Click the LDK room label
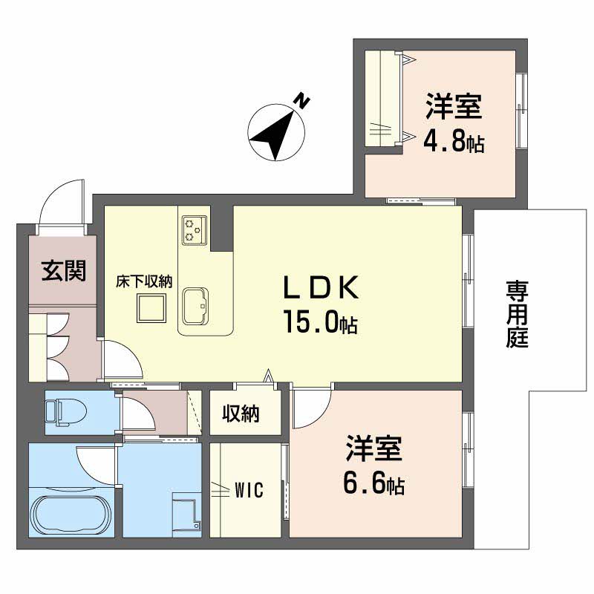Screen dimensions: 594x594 pos(321,287)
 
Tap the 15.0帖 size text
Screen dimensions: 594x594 pos(321,322)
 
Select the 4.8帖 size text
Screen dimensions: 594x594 pos(454,141)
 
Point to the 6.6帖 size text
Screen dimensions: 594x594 pos(373,484)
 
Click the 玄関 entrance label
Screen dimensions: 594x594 pos(64,270)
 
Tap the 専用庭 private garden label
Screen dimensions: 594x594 pos(518,313)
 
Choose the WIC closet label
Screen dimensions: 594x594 pos(249,490)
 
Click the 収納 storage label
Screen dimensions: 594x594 pos(241,414)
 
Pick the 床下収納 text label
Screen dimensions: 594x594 pos(144,281)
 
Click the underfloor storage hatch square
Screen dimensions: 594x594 pos(151,309)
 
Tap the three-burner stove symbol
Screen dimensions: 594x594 pos(195,230)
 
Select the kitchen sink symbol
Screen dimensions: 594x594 pos(195,306)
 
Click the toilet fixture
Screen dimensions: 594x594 pos(65,412)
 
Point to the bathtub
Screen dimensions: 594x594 pos(72,515)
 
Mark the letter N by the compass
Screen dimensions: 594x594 pos(302,100)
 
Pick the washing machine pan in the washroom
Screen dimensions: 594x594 pos(187,515)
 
